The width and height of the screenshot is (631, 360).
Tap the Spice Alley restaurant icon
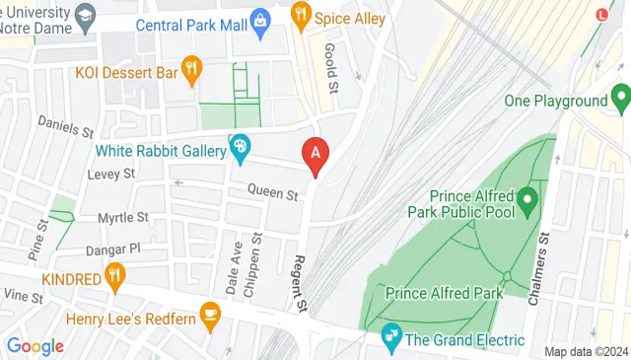[302, 15]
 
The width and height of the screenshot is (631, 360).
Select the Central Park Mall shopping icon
[259, 20]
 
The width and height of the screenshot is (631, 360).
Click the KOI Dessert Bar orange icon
[192, 68]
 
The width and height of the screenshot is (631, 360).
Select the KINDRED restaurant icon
[116, 276]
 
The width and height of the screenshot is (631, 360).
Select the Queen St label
[273, 194]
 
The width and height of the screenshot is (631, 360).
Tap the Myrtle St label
[123, 217]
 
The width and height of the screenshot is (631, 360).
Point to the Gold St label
[332, 67]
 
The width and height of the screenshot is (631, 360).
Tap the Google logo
[35, 346]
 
